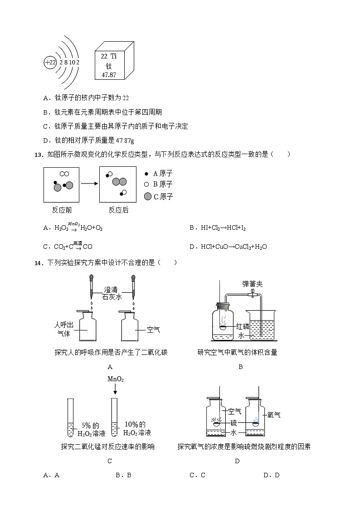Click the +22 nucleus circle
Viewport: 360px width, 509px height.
click(x=50, y=63)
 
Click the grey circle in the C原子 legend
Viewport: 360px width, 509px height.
click(x=148, y=196)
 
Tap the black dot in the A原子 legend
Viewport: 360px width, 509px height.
click(x=146, y=174)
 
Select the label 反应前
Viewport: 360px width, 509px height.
click(x=62, y=210)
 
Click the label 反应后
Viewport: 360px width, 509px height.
click(x=118, y=210)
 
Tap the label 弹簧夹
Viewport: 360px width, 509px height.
click(x=252, y=284)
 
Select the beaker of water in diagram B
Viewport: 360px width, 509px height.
click(x=260, y=324)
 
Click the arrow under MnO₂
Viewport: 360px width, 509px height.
click(x=115, y=389)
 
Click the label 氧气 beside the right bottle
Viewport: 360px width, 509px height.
click(x=273, y=415)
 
